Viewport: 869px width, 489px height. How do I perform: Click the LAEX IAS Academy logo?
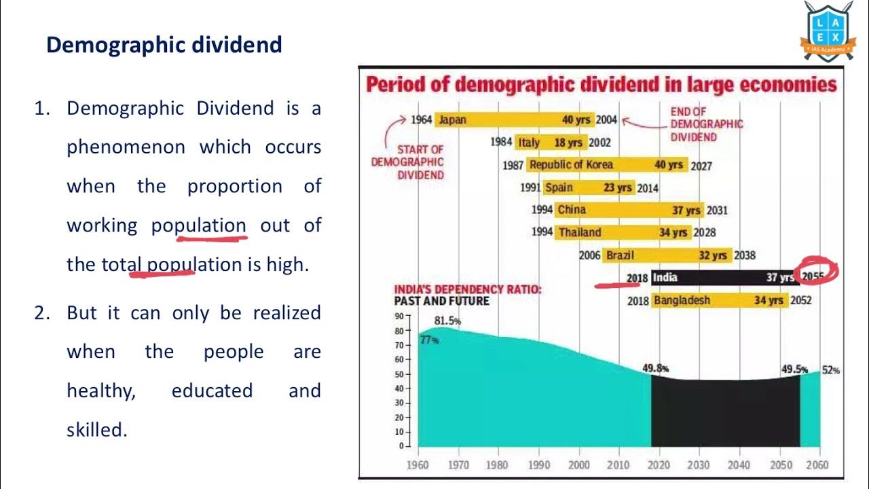coord(828,31)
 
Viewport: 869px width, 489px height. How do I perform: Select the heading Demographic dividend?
coord(164,45)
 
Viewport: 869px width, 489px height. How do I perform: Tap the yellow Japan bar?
coord(514,120)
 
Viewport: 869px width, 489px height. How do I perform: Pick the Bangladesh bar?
coord(719,300)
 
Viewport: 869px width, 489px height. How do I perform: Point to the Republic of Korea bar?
coord(606,165)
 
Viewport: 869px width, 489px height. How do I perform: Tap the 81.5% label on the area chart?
coord(447,321)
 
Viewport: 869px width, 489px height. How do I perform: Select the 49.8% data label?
coord(656,368)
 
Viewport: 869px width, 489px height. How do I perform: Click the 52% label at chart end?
coord(831,370)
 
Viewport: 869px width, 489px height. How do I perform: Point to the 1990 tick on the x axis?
coord(539,465)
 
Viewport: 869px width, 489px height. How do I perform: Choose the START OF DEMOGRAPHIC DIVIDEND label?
coord(407,162)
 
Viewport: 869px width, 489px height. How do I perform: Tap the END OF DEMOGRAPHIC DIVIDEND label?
coord(706,124)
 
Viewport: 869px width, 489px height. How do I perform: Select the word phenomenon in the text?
coord(126,147)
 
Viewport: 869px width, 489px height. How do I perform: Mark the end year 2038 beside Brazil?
coord(745,255)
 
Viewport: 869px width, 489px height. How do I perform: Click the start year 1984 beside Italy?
coord(501,143)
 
